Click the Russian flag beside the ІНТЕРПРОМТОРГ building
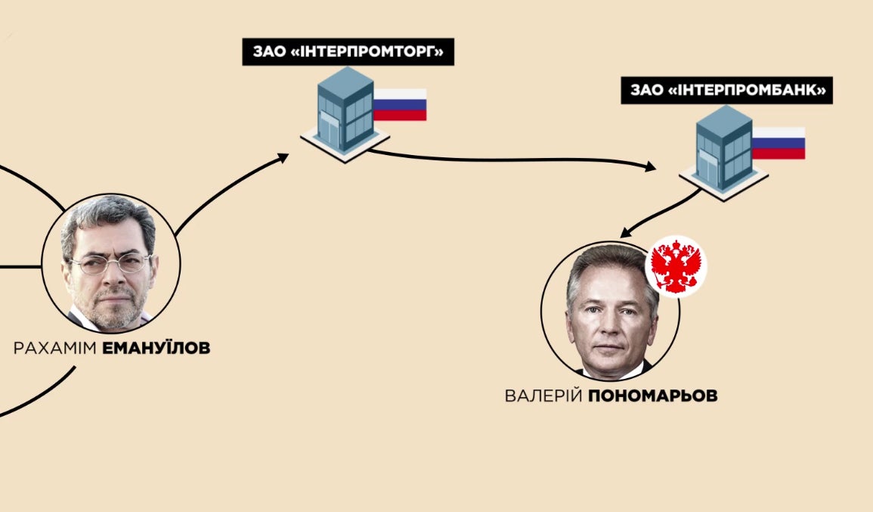pyautogui.click(x=400, y=104)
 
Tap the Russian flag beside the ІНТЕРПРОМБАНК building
pyautogui.click(x=779, y=143)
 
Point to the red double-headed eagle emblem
pyautogui.click(x=676, y=266)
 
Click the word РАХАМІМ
pyautogui.click(x=50, y=349)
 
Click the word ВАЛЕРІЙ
pyautogui.click(x=543, y=396)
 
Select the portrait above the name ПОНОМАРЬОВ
pyautogui.click(x=611, y=311)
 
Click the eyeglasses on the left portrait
pyautogui.click(x=110, y=264)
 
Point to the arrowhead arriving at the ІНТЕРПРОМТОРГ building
pyautogui.click(x=283, y=157)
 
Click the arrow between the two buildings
pyautogui.click(x=514, y=159)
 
